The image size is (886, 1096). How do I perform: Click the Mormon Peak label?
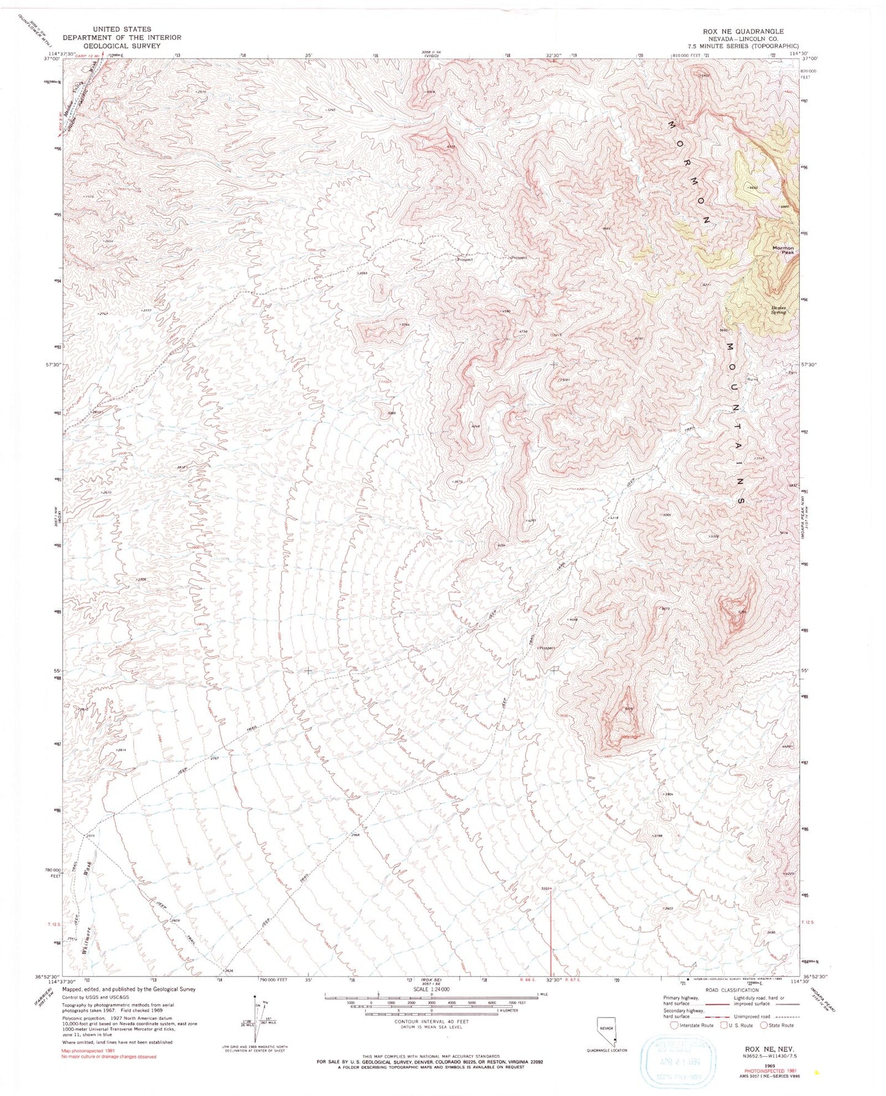[x=783, y=250]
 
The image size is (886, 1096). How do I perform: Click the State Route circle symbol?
[x=764, y=1025]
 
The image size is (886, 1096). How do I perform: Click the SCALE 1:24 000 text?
[x=432, y=990]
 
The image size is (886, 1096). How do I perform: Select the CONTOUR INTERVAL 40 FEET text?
[x=432, y=1021]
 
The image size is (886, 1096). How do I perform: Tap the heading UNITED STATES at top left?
[x=122, y=29]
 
